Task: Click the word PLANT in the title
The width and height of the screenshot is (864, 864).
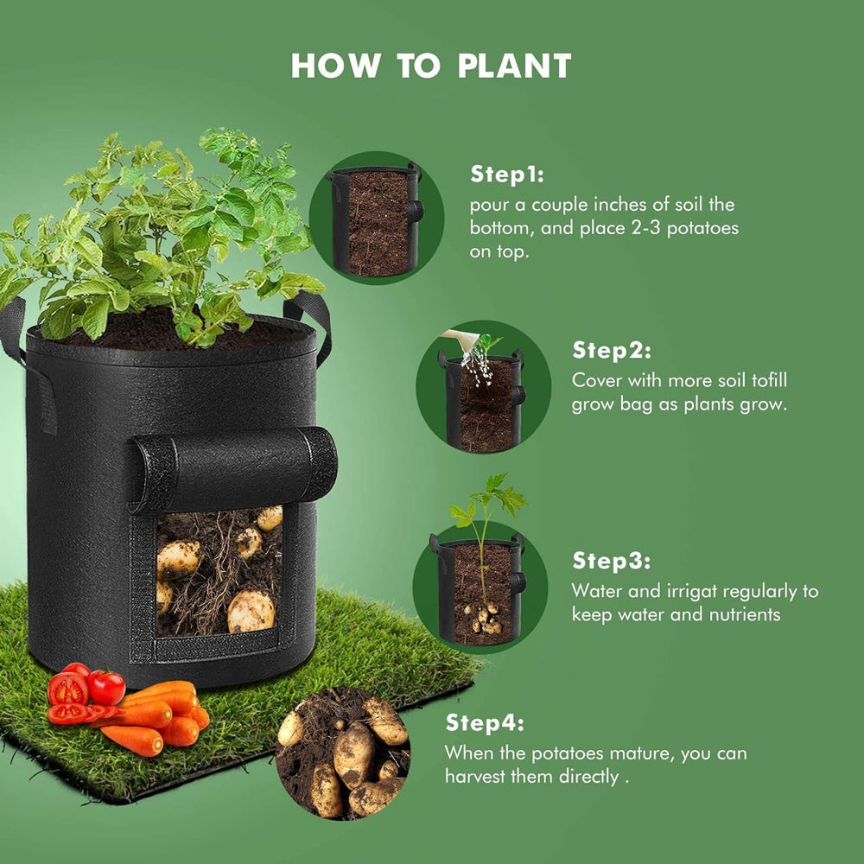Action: click(514, 66)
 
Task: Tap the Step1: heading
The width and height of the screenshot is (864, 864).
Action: click(507, 175)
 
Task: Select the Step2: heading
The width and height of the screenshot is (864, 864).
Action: click(612, 350)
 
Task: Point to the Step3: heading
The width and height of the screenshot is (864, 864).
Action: click(612, 561)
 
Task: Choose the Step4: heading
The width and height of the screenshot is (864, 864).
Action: click(485, 722)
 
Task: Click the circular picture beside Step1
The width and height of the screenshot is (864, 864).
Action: click(377, 219)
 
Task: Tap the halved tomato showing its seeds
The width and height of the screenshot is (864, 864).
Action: click(68, 689)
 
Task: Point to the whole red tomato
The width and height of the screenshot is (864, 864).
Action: click(106, 687)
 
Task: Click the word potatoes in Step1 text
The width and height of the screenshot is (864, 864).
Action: click(702, 229)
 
